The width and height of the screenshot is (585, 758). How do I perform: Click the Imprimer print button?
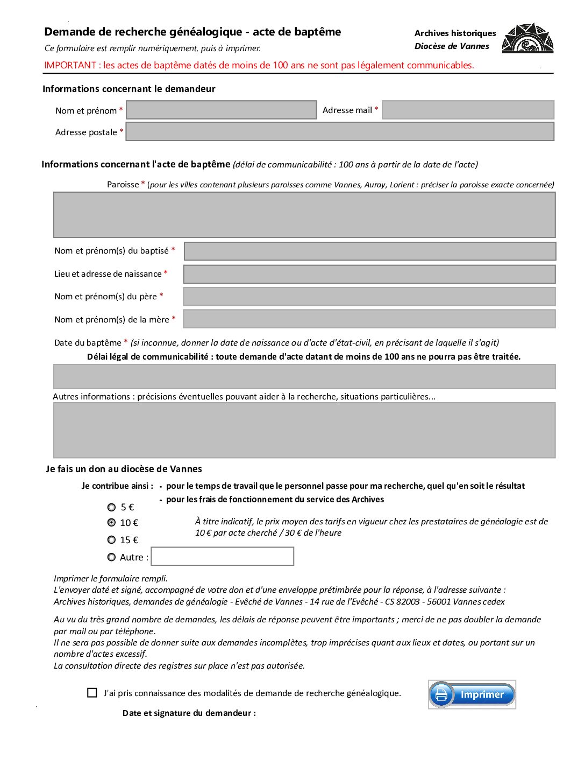pyautogui.click(x=472, y=694)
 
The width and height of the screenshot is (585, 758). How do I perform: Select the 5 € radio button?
pyautogui.click(x=111, y=507)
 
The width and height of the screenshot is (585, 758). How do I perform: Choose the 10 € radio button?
pyautogui.click(x=111, y=522)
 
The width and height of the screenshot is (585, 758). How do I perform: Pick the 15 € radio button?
pyautogui.click(x=111, y=539)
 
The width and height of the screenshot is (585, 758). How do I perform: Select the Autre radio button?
pyautogui.click(x=111, y=557)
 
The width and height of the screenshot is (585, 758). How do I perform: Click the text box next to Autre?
pyautogui.click(x=222, y=556)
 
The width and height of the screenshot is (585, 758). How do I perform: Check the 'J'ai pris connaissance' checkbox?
pyautogui.click(x=92, y=693)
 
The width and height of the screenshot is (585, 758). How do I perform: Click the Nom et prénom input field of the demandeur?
pyautogui.click(x=221, y=110)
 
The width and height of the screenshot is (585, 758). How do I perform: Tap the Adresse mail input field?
pyautogui.click(x=468, y=110)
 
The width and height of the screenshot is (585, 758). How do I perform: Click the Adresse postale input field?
pyautogui.click(x=340, y=132)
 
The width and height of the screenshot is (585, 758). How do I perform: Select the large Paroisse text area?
pyautogui.click(x=304, y=215)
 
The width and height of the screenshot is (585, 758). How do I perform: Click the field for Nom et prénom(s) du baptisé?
pyautogui.click(x=370, y=251)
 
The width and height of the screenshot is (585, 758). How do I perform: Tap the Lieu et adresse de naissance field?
pyautogui.click(x=369, y=274)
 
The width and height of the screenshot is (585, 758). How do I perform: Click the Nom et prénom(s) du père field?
pyautogui.click(x=369, y=297)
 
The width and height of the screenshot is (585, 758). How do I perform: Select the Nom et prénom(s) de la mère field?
pyautogui.click(x=369, y=319)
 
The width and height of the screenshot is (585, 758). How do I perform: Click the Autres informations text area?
pyautogui.click(x=304, y=430)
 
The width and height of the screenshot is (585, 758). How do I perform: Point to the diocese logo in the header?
pyautogui.click(x=527, y=38)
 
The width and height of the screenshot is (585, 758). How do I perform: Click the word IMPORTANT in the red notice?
pyautogui.click(x=70, y=65)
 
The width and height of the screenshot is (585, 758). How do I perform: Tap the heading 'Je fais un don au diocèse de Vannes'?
pyautogui.click(x=124, y=469)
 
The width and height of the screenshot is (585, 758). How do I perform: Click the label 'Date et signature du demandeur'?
pyautogui.click(x=189, y=713)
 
